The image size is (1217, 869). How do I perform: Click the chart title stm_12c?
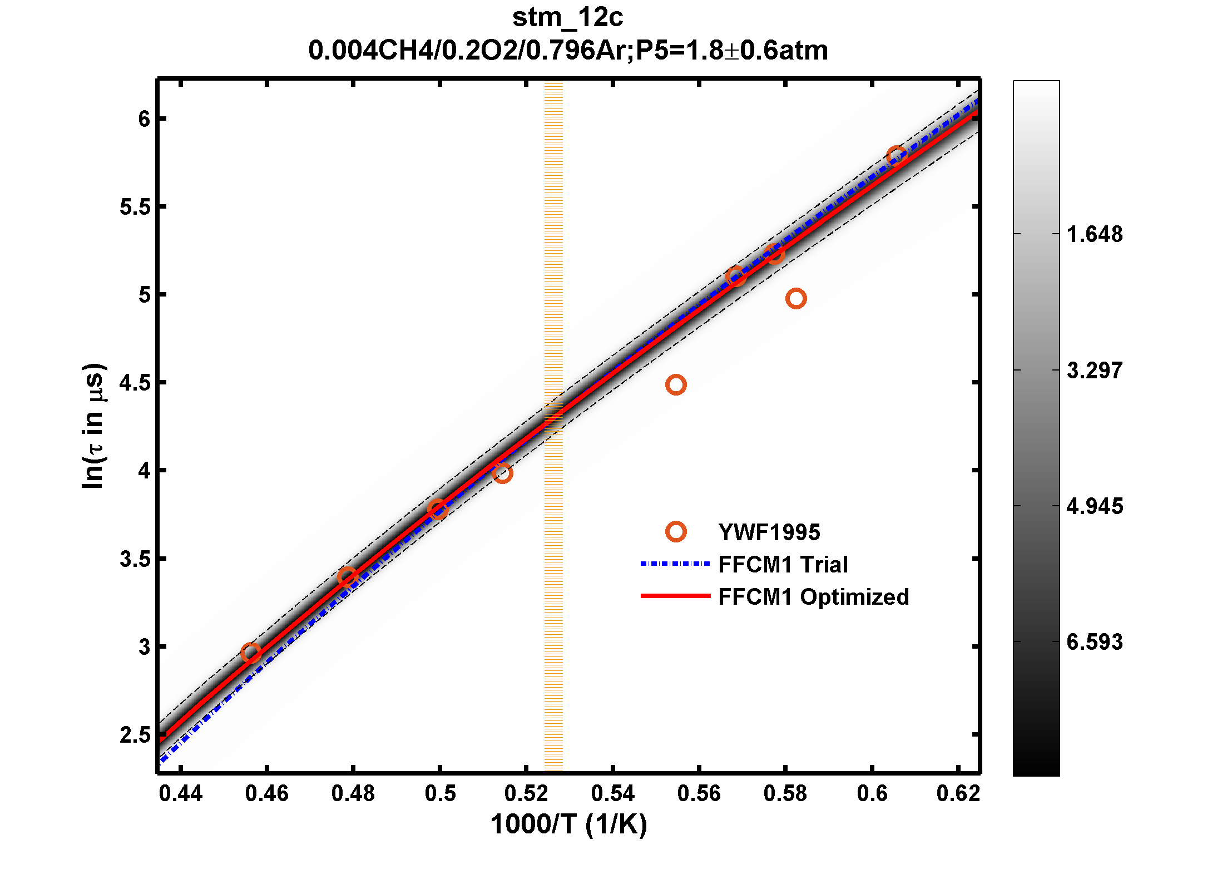(x=567, y=18)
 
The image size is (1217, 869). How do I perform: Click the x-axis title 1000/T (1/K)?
(x=568, y=824)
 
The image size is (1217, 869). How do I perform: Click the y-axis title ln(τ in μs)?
(x=93, y=426)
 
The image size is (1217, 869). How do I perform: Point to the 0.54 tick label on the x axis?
(x=612, y=793)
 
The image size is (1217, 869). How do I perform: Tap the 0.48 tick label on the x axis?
(x=353, y=793)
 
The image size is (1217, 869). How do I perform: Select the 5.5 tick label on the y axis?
(x=135, y=207)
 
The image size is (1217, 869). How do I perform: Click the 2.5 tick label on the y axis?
(x=135, y=735)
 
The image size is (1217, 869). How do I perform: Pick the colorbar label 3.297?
(x=1095, y=371)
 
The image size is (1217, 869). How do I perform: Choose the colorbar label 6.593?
(x=1095, y=642)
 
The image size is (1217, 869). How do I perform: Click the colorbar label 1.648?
(x=1095, y=235)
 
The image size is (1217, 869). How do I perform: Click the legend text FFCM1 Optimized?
(x=813, y=597)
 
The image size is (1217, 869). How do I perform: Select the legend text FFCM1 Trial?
(x=783, y=565)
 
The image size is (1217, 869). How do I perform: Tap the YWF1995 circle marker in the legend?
(x=676, y=532)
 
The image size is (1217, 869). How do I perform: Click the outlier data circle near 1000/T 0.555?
(x=676, y=385)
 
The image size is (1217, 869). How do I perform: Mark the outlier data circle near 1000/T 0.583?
(x=796, y=299)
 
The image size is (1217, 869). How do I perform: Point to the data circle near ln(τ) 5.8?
(x=897, y=156)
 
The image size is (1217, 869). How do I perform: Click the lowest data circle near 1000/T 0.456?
(x=251, y=653)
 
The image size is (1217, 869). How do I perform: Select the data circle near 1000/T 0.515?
(x=502, y=473)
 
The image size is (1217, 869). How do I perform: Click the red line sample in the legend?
(x=675, y=596)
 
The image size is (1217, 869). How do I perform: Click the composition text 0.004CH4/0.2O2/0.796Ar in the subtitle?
(x=470, y=51)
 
